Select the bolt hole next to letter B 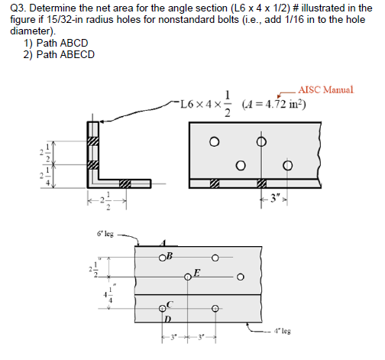tap(163, 257)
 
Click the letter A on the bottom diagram tap(163, 242)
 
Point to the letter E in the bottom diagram tap(198, 272)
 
